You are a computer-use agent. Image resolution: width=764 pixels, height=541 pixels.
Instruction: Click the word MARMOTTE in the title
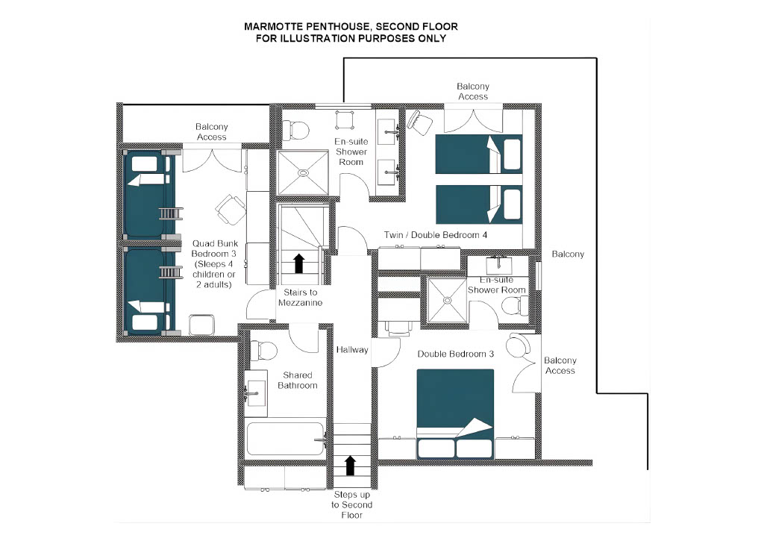[x=272, y=26]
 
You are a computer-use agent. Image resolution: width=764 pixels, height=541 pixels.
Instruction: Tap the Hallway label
[x=352, y=349]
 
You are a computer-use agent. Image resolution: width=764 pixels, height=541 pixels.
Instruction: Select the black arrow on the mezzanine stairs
[x=298, y=263]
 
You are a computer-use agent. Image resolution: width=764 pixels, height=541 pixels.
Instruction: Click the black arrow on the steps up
[x=349, y=466]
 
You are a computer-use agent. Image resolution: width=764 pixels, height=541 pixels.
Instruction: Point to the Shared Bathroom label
[x=298, y=380]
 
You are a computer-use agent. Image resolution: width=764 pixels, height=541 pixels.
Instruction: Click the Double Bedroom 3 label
[x=456, y=354]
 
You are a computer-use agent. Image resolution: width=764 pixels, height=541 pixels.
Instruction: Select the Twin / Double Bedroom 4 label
[x=431, y=235]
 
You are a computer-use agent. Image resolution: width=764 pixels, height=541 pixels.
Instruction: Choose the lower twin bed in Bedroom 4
[x=478, y=204]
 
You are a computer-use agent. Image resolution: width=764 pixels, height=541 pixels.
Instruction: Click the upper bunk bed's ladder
[x=171, y=213]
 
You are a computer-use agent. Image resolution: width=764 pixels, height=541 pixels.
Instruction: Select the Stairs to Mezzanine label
[x=300, y=297]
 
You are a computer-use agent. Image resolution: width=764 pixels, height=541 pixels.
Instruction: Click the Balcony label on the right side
[x=568, y=254]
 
